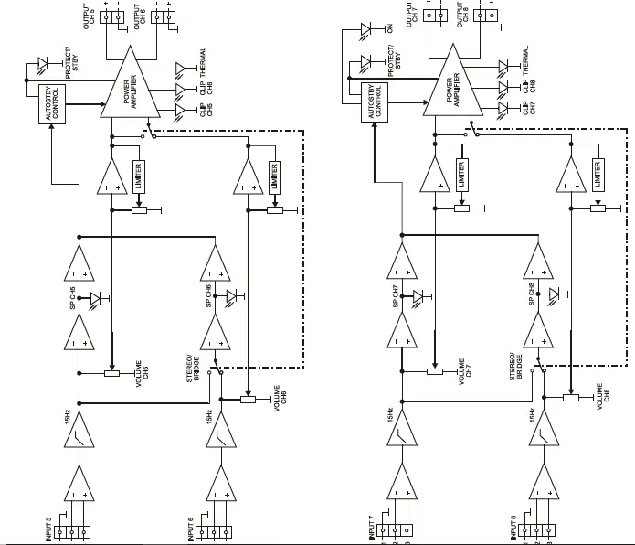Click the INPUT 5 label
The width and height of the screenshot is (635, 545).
point(48,529)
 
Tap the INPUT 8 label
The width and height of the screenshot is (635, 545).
point(515,529)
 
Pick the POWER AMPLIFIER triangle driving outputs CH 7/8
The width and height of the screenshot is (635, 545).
point(451,87)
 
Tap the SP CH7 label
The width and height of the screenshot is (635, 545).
point(397,297)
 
